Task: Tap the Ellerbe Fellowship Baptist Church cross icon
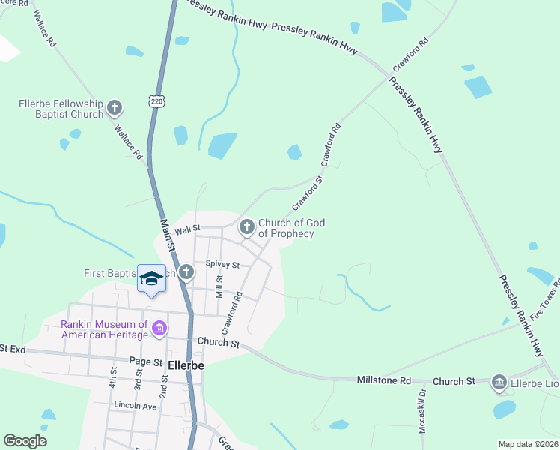(x=115, y=108)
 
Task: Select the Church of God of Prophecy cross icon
(x=246, y=226)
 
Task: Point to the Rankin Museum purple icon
(x=159, y=328)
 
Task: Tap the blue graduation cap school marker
(x=151, y=279)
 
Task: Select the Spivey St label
(x=222, y=265)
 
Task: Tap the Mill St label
(x=219, y=287)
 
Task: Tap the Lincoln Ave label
(x=135, y=405)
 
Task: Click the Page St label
(x=146, y=361)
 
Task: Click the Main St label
(x=169, y=234)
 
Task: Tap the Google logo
(x=25, y=441)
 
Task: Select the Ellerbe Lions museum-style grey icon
(x=499, y=382)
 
